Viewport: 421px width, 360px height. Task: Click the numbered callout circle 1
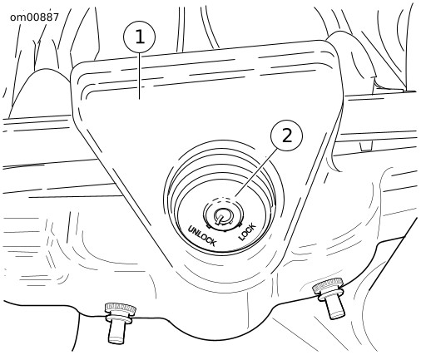tap(140, 37)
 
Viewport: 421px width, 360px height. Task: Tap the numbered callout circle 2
tap(287, 136)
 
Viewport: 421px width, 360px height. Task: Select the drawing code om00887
tap(34, 17)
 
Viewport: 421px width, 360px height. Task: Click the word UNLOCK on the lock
tap(201, 236)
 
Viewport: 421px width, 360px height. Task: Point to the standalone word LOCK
tap(247, 232)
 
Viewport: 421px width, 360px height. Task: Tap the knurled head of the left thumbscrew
tap(121, 309)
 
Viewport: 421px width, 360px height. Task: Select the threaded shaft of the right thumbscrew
tap(335, 308)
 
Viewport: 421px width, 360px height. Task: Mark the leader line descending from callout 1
tap(140, 76)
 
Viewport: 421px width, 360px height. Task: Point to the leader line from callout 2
tap(256, 173)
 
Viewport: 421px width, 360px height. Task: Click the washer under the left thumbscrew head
tap(119, 318)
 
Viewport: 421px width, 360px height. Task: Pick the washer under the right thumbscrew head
tap(331, 295)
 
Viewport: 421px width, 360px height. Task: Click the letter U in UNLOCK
tap(191, 229)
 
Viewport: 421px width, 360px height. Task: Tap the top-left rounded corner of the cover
tap(76, 69)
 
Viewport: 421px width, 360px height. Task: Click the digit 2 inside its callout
tap(287, 136)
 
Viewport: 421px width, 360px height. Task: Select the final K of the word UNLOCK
tap(212, 242)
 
